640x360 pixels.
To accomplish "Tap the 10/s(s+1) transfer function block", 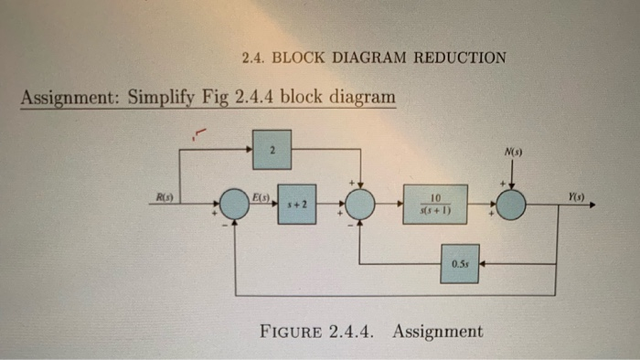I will tap(436, 206).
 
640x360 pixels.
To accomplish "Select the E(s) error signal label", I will tap(261, 196).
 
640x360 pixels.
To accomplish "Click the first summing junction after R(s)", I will tap(236, 206).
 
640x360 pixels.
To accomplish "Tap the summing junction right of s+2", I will tap(361, 206).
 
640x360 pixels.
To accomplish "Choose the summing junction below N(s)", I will tap(511, 206).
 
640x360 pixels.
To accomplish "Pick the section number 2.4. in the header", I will tap(254, 58).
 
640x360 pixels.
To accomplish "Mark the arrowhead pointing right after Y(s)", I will tap(592, 206).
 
